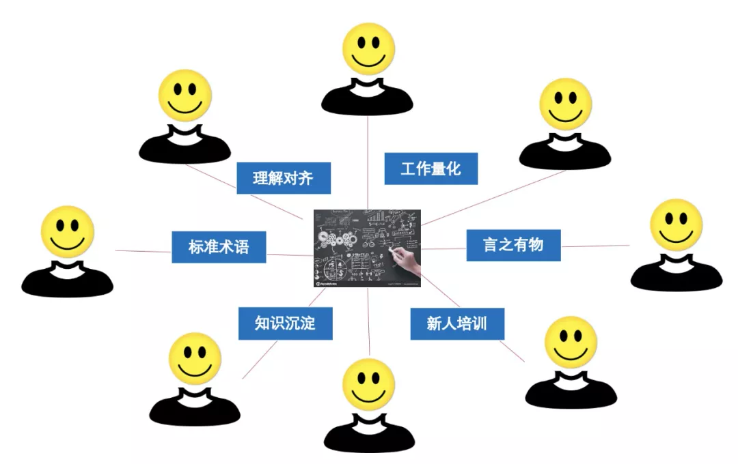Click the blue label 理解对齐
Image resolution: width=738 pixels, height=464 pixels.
click(284, 178)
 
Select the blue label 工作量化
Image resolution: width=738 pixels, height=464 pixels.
click(430, 169)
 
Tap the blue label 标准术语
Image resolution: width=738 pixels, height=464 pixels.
click(219, 247)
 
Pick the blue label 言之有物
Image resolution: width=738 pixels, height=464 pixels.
click(513, 245)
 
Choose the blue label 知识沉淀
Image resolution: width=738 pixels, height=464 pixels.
click(285, 323)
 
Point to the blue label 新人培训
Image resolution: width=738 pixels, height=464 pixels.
click(457, 323)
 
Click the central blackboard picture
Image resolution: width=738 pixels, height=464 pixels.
click(367, 248)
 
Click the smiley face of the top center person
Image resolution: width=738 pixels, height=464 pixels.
click(369, 49)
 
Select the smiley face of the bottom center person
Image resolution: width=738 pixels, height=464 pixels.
click(368, 384)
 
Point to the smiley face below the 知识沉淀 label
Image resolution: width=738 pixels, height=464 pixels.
click(195, 359)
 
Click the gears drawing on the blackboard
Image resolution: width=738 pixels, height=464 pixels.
click(336, 238)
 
